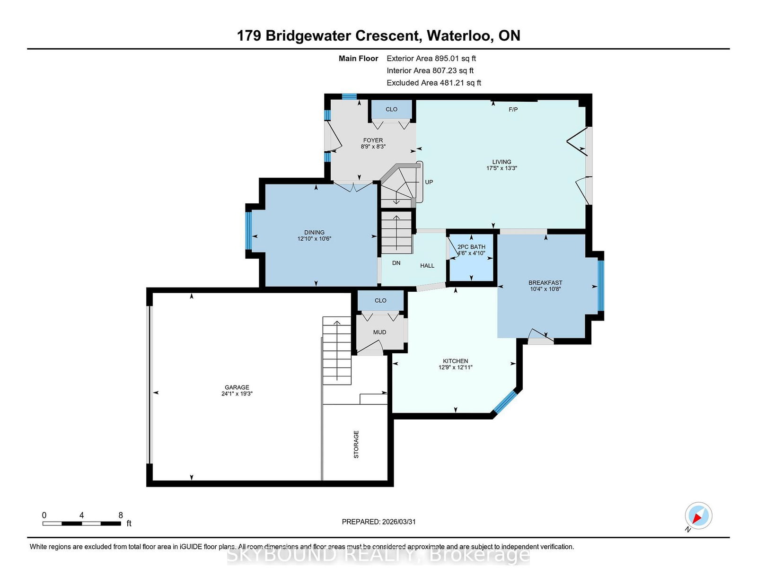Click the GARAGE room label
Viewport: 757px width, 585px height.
point(237,387)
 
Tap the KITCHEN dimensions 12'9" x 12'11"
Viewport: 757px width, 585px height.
point(455,367)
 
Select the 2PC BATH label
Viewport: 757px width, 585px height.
point(471,247)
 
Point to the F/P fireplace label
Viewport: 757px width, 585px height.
point(513,110)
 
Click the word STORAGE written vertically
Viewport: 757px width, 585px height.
point(356,445)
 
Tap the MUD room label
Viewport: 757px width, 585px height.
point(379,332)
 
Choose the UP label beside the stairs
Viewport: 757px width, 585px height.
point(429,182)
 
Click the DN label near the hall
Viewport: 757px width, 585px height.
point(396,263)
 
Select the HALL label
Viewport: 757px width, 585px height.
point(427,266)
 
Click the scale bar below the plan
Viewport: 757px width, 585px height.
point(81,524)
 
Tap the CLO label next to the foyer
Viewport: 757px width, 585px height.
point(392,109)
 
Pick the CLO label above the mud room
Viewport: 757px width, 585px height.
point(380,300)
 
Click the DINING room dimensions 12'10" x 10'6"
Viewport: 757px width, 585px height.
point(314,239)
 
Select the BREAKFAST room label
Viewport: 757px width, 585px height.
point(546,283)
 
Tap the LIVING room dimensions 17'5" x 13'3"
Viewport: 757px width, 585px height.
point(502,168)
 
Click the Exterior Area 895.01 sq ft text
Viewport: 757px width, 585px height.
point(431,59)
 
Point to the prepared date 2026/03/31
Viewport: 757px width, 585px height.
point(398,522)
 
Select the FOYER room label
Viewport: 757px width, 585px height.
point(373,140)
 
